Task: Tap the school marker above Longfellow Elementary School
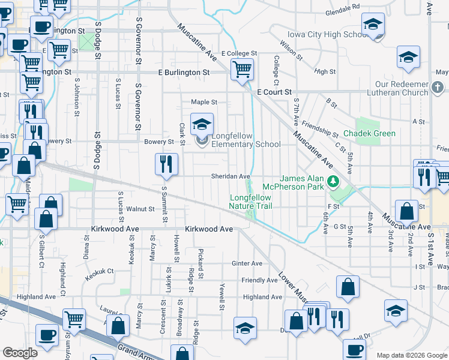[x=202, y=124]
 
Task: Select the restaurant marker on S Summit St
[x=166, y=164]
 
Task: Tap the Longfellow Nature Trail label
[x=250, y=202]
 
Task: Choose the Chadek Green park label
[x=369, y=133]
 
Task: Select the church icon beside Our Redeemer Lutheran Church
[x=437, y=89]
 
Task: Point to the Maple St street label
[x=204, y=103]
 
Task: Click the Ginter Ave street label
[x=247, y=263]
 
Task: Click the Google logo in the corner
[x=19, y=353]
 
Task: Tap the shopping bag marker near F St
[x=407, y=212]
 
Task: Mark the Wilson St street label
[x=292, y=50]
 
